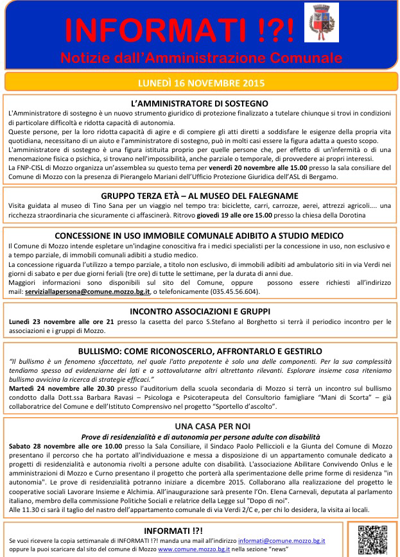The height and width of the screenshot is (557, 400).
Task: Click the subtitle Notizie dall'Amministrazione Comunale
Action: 201,58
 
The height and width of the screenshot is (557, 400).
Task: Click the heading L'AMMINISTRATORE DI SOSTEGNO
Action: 200,103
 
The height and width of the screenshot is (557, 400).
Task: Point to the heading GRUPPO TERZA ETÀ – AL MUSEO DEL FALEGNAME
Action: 200,195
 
